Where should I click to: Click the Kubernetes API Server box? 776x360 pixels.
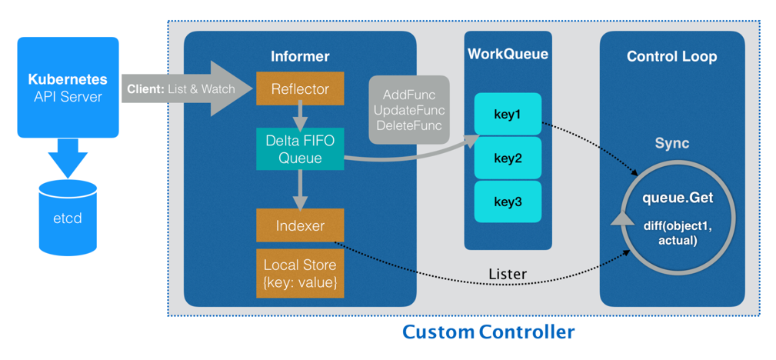point(68,87)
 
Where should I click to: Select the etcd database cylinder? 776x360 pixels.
point(68,218)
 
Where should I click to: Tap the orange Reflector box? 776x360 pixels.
point(300,89)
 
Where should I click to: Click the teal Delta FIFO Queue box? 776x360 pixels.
point(300,149)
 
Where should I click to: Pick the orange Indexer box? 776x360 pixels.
point(300,226)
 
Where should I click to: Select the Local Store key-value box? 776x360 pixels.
point(300,273)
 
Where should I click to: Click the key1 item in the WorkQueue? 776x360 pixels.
point(508,115)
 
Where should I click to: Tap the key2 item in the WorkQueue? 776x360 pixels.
point(508,158)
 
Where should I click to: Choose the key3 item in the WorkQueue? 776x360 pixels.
point(508,202)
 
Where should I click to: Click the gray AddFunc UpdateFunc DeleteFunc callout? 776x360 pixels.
point(408,110)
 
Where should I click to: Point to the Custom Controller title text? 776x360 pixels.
point(488,332)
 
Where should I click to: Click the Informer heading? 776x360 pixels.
point(300,56)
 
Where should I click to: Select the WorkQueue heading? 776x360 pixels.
point(508,54)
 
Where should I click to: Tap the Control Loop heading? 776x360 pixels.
point(671,56)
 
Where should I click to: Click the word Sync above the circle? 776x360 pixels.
point(671,144)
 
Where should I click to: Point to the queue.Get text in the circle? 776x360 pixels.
point(678,198)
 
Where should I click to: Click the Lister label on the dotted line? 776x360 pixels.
point(508,274)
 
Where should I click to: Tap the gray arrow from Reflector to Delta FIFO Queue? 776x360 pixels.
point(300,117)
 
